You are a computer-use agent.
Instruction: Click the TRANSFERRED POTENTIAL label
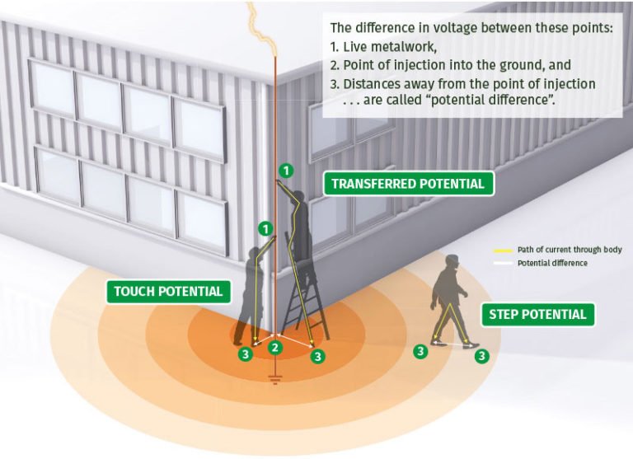[408, 183]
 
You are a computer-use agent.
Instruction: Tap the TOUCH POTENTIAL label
[168, 291]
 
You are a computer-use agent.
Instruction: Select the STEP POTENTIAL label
[537, 314]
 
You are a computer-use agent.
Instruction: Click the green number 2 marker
[275, 348]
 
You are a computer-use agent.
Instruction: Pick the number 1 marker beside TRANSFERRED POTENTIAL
[285, 171]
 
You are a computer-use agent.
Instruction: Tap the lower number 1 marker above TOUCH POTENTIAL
[265, 227]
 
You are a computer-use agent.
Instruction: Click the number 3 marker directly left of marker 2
[244, 354]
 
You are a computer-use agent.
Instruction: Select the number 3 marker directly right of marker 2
[318, 356]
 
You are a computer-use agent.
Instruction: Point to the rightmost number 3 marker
[482, 356]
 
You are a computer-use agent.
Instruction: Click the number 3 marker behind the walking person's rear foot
[420, 351]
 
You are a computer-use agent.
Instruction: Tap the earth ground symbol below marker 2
[275, 381]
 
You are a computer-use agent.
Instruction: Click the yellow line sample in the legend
[502, 250]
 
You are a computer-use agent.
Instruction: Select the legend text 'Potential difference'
[551, 263]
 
